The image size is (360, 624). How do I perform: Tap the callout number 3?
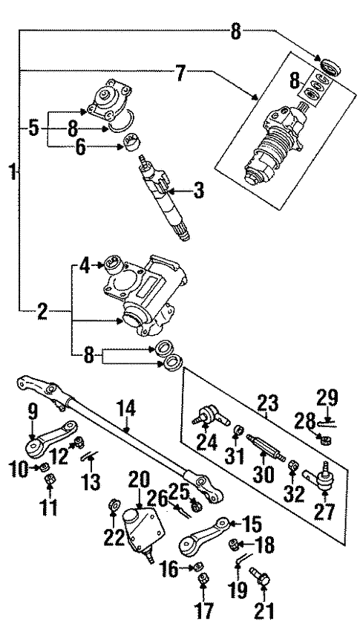click(197, 191)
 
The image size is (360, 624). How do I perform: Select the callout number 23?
click(267, 403)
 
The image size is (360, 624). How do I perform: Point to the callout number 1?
click(13, 172)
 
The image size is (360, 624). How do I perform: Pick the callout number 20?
click(139, 482)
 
